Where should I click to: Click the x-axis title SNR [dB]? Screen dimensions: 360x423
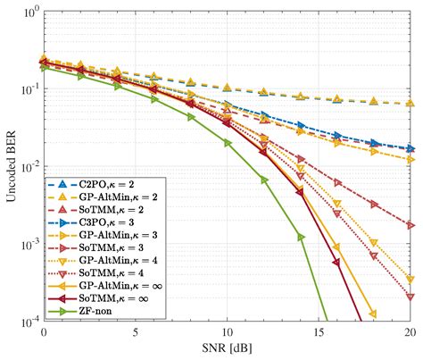227,349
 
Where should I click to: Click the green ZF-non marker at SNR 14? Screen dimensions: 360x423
301,237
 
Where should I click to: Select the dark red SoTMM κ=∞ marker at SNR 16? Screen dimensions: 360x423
336,262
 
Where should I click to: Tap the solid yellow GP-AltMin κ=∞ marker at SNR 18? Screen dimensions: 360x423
373,314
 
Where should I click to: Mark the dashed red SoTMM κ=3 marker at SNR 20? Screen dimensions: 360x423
410,225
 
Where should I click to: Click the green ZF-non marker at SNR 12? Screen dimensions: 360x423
264,180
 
